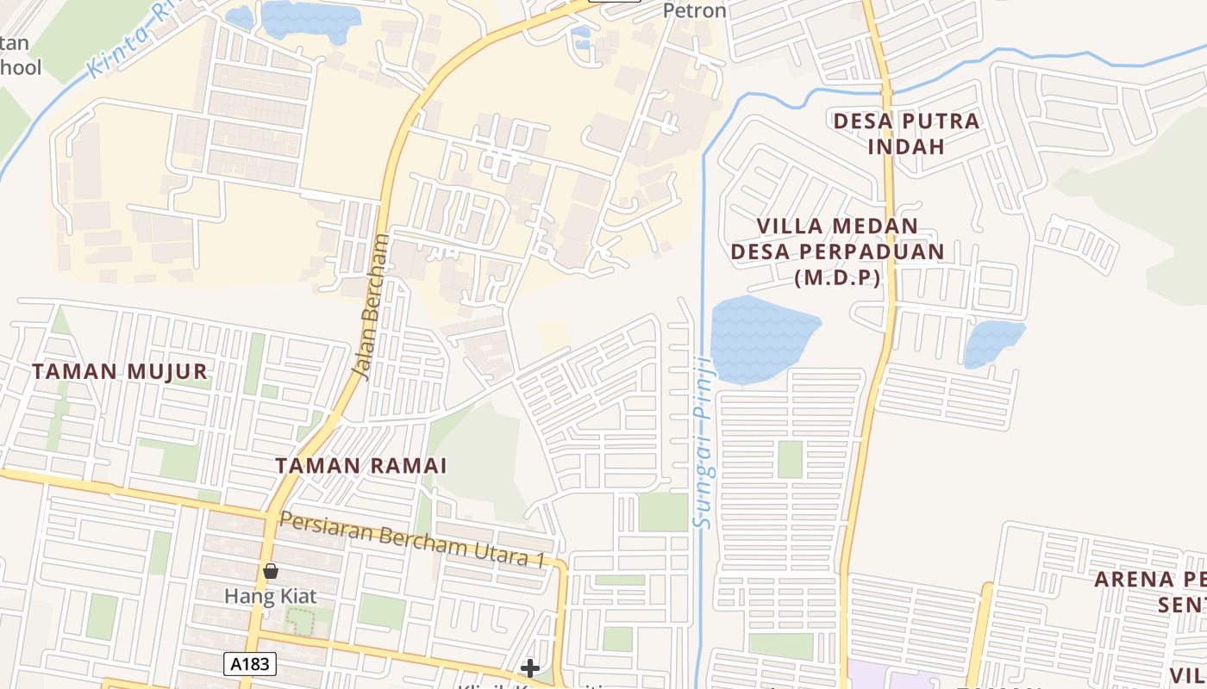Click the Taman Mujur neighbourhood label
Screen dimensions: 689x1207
pos(120,371)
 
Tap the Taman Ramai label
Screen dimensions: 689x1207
pos(360,465)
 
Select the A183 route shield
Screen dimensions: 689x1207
pos(250,664)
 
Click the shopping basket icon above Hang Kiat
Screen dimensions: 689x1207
pos(271,571)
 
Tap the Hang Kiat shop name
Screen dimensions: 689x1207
pos(271,596)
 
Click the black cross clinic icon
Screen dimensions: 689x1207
pos(530,667)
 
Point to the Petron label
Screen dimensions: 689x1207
pos(694,11)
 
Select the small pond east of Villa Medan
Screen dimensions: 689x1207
pos(993,343)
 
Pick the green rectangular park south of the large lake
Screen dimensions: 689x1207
pos(790,459)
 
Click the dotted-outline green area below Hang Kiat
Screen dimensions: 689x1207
pos(300,621)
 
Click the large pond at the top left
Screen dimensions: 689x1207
pos(310,19)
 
